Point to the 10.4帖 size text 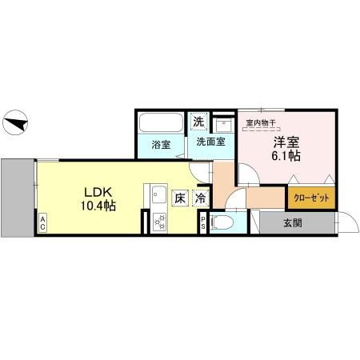tap(99, 206)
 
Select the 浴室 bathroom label tap(160, 145)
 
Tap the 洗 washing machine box tap(198, 122)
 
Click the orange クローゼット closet tap(310, 197)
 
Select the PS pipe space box tap(203, 225)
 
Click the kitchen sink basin tap(156, 194)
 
